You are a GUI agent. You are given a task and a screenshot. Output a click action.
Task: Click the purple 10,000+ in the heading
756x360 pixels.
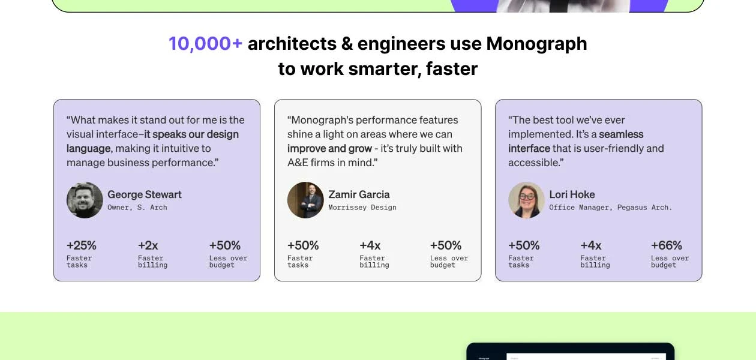click(x=206, y=44)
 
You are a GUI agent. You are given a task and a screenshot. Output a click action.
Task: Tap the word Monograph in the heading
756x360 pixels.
click(x=536, y=44)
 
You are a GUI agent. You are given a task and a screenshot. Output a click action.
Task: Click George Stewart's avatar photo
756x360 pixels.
click(x=85, y=200)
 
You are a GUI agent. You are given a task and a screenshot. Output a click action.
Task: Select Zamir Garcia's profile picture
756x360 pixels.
click(x=305, y=200)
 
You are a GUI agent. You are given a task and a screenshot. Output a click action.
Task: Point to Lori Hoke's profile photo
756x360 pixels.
click(x=527, y=200)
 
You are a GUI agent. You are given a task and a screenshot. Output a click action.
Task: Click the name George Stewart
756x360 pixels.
click(x=145, y=194)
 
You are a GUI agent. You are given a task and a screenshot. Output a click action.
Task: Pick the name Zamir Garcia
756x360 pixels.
click(x=359, y=194)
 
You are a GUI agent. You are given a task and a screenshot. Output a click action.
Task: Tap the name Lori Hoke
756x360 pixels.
click(x=572, y=194)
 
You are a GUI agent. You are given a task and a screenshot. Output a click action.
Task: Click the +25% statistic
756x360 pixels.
click(x=82, y=245)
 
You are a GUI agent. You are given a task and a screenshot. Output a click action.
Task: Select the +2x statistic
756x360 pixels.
click(x=148, y=245)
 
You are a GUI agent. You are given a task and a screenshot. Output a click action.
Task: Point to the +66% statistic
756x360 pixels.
click(x=666, y=245)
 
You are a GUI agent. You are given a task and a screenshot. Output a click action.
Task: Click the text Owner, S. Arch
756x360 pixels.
click(x=137, y=208)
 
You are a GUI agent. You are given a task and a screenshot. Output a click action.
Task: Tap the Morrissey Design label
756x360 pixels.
click(x=362, y=208)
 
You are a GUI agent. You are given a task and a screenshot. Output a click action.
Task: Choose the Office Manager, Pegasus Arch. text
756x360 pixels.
click(x=611, y=208)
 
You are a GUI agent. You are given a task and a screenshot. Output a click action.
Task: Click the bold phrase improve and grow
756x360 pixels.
click(x=329, y=148)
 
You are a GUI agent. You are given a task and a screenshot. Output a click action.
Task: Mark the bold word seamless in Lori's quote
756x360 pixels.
click(x=621, y=134)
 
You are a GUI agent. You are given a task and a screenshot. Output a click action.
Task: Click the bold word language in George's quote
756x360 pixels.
click(x=88, y=149)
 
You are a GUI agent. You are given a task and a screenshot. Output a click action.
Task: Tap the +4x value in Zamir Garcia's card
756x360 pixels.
click(x=370, y=245)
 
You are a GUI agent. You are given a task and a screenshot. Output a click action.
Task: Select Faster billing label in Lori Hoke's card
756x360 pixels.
click(x=595, y=262)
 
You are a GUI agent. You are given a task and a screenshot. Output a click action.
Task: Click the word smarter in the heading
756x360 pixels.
click(x=384, y=69)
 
